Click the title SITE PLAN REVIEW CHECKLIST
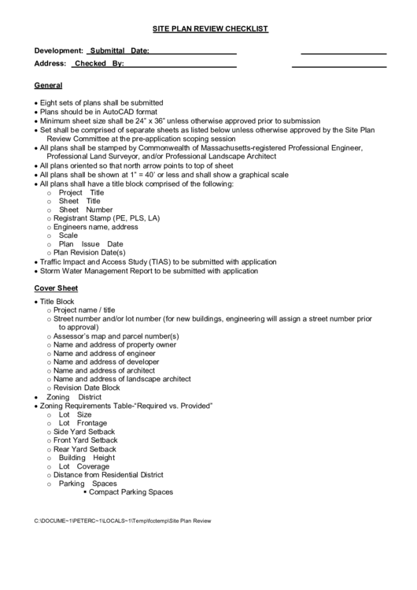click(x=209, y=29)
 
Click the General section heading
click(x=49, y=85)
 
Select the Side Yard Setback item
click(x=84, y=432)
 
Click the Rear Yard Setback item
click(x=84, y=449)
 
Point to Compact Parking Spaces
click(x=131, y=492)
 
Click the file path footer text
click(x=123, y=521)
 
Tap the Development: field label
click(x=58, y=50)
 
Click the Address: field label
click(x=50, y=63)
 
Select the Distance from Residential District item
click(x=108, y=475)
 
